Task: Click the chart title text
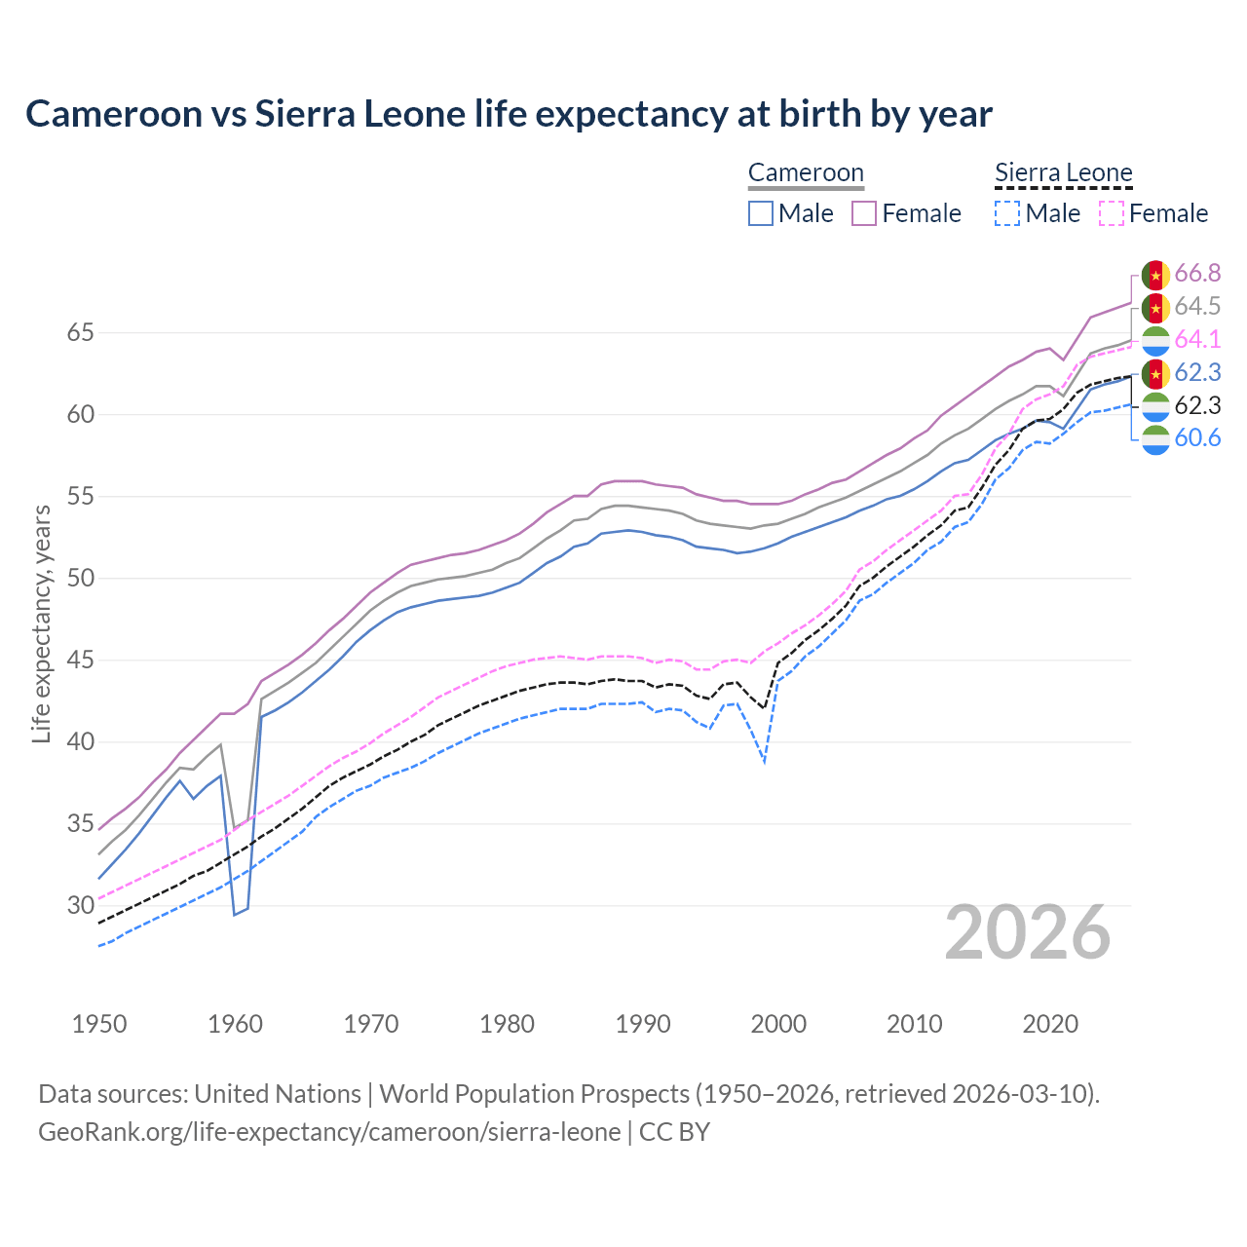tap(509, 114)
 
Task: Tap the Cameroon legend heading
tap(806, 173)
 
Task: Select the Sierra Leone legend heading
tap(1063, 173)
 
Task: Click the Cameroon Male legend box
tap(761, 213)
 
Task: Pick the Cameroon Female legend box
tap(864, 213)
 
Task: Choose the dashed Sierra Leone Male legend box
tap(1007, 213)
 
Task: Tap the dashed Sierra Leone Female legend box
tap(1111, 213)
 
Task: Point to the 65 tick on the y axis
tap(80, 333)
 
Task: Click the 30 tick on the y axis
tap(80, 906)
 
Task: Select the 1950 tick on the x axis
tap(99, 1024)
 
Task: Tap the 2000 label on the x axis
tap(778, 1024)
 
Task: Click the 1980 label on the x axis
tap(507, 1024)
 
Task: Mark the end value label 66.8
tap(1197, 274)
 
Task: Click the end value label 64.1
tap(1197, 340)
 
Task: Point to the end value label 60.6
tap(1197, 438)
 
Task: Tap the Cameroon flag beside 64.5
tap(1155, 308)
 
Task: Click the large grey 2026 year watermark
tap(1027, 932)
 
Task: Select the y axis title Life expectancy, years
tap(41, 623)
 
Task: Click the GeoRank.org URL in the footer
tap(329, 1132)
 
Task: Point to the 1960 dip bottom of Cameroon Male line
tap(235, 914)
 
